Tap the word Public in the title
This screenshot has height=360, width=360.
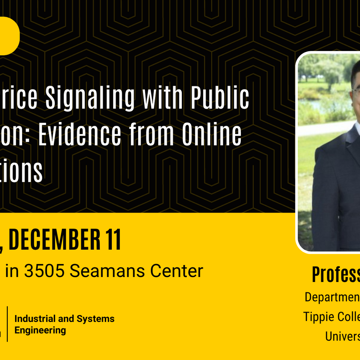click(x=220, y=99)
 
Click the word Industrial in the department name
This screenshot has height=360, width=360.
click(x=34, y=319)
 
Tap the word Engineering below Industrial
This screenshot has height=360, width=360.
click(x=40, y=330)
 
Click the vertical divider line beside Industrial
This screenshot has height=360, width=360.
click(x=7, y=324)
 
